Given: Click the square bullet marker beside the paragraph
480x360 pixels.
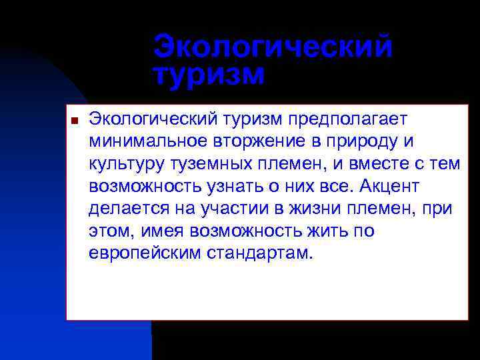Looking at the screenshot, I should [75, 121].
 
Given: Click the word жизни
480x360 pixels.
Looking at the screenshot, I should [312, 209].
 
